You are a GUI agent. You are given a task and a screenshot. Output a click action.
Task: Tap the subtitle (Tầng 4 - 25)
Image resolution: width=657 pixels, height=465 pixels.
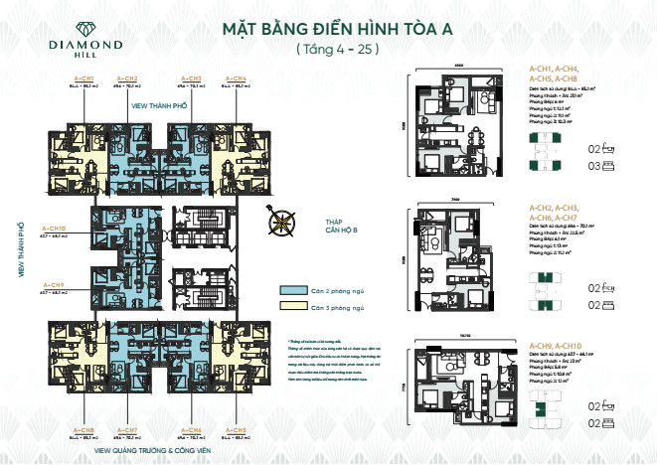329,48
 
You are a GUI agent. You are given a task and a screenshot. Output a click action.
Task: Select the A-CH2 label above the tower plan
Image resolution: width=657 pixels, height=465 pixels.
127,77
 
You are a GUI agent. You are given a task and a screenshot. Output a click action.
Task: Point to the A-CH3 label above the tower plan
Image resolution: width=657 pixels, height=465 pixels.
192,77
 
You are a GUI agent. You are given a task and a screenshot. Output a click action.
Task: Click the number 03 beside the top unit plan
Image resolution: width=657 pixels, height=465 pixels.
593,168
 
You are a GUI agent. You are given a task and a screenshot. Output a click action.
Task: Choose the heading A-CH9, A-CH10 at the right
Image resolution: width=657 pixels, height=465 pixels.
555,345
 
